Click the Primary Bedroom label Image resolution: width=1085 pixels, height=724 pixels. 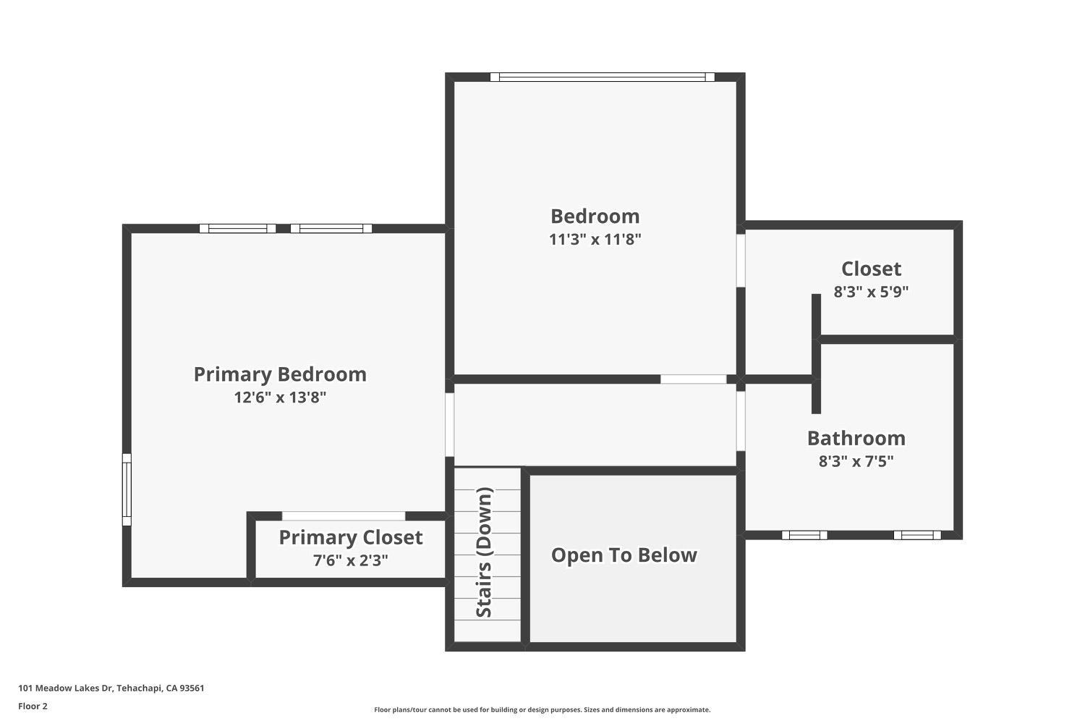[x=280, y=374]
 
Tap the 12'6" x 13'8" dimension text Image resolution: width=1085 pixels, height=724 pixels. [x=280, y=397]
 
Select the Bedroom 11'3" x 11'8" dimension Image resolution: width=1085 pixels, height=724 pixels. [x=595, y=239]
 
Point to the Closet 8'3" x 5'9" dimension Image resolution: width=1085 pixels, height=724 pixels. [x=871, y=292]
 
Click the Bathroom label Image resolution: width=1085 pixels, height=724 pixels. [x=856, y=438]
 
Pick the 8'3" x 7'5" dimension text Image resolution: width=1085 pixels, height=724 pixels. [x=856, y=460]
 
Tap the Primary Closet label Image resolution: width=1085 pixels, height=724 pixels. [x=351, y=537]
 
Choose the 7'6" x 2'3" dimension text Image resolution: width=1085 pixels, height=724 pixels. [x=351, y=560]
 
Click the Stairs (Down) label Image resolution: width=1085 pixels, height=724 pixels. [x=484, y=552]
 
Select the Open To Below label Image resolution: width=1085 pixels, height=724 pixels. [x=624, y=555]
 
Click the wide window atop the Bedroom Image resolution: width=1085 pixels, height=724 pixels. [x=602, y=77]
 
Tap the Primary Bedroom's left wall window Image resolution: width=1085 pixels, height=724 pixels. [x=127, y=489]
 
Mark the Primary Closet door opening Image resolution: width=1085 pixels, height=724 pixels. [x=344, y=516]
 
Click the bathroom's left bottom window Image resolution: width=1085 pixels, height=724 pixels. [x=804, y=535]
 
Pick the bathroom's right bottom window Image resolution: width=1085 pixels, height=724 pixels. [x=917, y=535]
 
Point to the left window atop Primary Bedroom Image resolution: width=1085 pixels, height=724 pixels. [x=237, y=228]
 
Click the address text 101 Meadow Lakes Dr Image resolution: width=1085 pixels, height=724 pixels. [x=65, y=688]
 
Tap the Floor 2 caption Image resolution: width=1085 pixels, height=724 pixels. [x=33, y=706]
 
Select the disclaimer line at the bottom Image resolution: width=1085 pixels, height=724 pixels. [x=542, y=710]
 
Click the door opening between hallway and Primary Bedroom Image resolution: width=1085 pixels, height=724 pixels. [x=449, y=425]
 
